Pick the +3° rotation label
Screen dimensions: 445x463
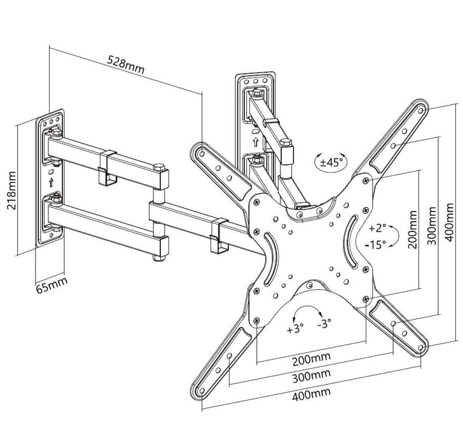coord(296,329)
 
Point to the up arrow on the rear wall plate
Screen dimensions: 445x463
coord(255,141)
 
